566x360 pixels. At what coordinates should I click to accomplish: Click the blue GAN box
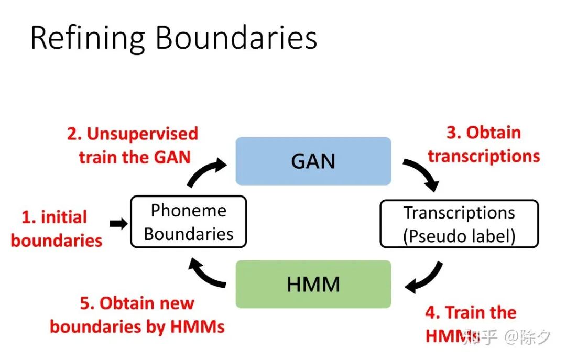point(313,161)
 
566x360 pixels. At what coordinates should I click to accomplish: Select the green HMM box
point(313,284)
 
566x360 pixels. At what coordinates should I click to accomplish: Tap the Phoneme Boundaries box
point(188,222)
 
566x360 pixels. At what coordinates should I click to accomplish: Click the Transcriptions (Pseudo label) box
point(459,224)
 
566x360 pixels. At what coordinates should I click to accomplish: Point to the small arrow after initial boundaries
point(118,224)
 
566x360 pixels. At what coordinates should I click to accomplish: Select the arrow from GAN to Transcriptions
point(422,174)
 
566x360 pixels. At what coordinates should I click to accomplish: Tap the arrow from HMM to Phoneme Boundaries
point(208,273)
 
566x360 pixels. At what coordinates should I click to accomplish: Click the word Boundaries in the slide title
point(236,38)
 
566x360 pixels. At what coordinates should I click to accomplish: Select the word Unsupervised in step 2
point(143,134)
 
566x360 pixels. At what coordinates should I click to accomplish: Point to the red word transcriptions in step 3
point(484,156)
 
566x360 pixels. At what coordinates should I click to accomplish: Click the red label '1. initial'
point(54,217)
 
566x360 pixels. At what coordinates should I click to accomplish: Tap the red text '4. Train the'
point(471,313)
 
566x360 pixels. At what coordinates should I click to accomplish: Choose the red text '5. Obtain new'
point(137,303)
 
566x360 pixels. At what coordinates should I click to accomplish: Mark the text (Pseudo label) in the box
point(459,236)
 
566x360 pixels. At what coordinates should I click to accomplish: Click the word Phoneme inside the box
point(188,211)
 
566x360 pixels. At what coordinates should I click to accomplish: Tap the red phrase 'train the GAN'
point(135,157)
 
